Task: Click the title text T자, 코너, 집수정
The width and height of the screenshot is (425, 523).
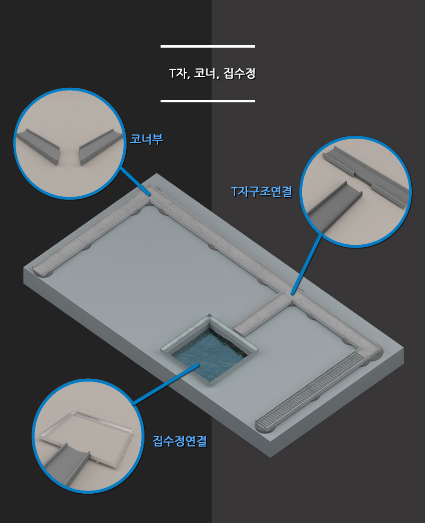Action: [212, 73]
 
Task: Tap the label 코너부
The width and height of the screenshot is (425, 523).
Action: [147, 139]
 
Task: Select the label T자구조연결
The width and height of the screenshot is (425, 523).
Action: [262, 191]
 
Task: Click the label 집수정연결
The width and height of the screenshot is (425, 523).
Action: [180, 441]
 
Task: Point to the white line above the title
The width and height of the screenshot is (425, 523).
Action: [208, 46]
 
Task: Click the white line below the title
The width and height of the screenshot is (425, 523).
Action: [208, 101]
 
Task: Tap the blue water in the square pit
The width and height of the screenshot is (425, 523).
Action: [211, 354]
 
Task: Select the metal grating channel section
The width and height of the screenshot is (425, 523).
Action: [309, 390]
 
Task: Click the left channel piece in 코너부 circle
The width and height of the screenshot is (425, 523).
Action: [38, 146]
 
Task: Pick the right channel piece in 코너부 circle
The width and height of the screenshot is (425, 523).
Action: [100, 147]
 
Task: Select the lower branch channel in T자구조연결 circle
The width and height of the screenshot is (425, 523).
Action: [334, 207]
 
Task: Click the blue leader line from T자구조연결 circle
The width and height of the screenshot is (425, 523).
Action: [307, 264]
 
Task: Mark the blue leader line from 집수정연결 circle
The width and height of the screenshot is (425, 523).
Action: [166, 384]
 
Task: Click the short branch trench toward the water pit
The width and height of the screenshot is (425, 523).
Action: [262, 314]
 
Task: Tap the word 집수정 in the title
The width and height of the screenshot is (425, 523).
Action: [239, 73]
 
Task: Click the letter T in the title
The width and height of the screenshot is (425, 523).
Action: [172, 73]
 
